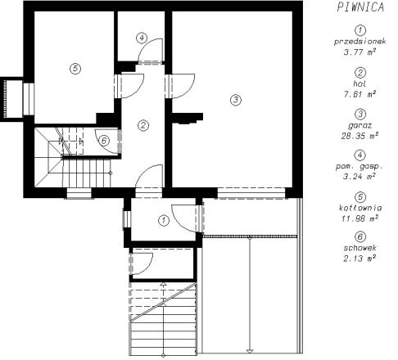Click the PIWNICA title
360,7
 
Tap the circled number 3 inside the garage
236,100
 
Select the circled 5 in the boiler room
75,69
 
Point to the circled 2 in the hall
143,126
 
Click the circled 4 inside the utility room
142,38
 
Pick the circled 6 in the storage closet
104,141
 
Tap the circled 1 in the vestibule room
164,220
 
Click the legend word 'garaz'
360,126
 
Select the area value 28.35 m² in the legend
360,136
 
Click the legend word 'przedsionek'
360,42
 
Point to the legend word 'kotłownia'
360,208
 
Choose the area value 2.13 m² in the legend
360,258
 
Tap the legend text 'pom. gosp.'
360,167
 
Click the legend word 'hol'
360,83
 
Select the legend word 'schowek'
360,248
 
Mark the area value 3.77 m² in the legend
360,52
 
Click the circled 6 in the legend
360,236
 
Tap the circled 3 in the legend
360,114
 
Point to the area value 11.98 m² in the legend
360,218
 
